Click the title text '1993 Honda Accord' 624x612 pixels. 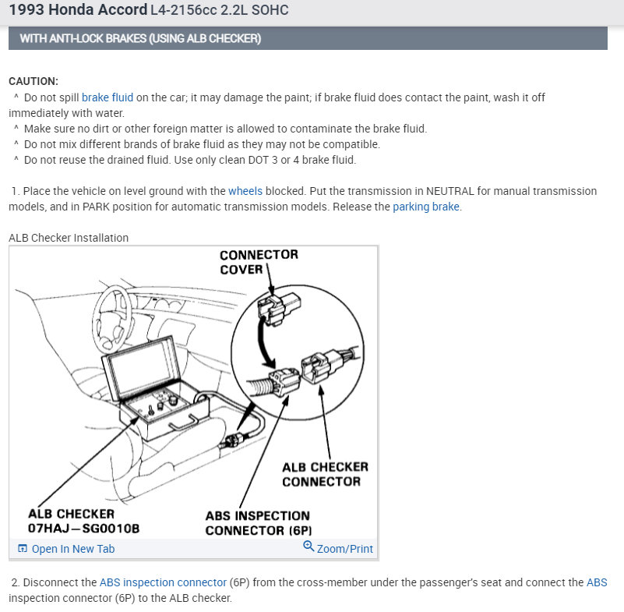(78, 10)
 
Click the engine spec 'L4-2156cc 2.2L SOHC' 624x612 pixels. (220, 11)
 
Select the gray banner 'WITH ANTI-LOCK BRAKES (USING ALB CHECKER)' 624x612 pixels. (140, 39)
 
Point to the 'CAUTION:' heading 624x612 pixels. (33, 81)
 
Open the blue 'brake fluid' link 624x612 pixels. (108, 97)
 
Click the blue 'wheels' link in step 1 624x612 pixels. (245, 191)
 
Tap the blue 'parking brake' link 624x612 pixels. (426, 207)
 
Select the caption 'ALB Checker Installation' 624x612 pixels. (69, 238)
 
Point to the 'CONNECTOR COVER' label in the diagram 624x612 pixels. (259, 262)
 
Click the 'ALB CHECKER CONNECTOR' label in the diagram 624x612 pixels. (325, 474)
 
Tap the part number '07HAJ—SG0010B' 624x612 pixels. (83, 529)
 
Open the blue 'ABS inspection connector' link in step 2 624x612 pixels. (163, 582)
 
